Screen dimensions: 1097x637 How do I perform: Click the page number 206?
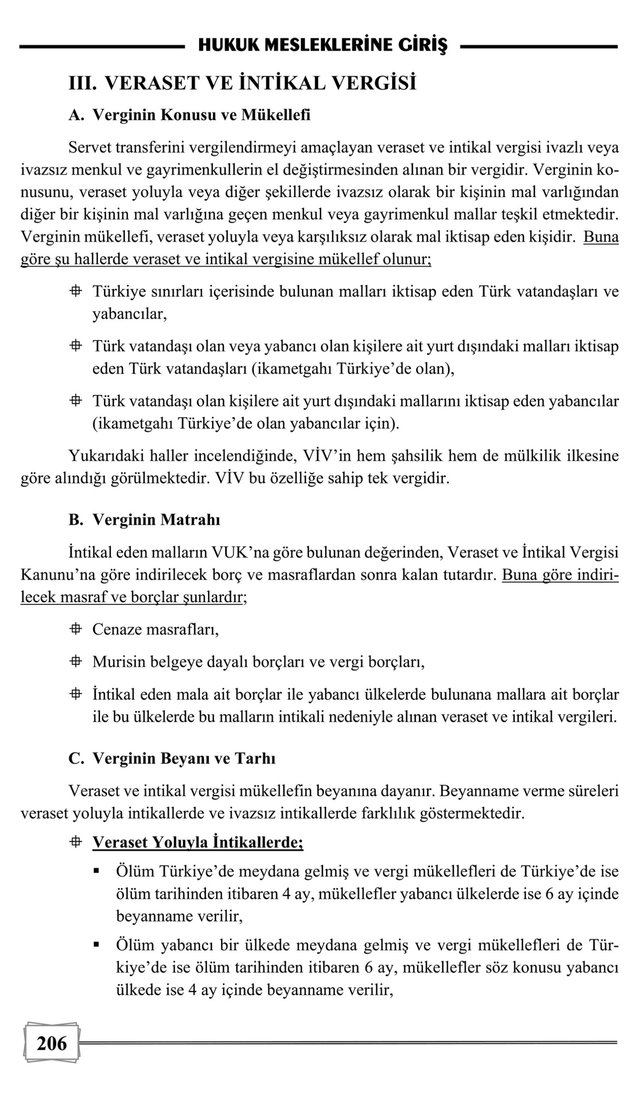click(52, 1043)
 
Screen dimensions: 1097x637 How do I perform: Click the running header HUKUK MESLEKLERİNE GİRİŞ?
click(323, 45)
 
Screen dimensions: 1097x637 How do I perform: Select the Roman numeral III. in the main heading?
click(83, 83)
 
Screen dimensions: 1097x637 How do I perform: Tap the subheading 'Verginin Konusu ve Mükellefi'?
click(201, 115)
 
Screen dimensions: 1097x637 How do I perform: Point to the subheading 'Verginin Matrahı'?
click(156, 519)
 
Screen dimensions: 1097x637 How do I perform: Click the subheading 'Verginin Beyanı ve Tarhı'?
click(184, 758)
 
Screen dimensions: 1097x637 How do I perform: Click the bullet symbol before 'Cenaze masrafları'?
click(76, 629)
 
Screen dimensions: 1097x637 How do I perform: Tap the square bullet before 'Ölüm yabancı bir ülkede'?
click(96, 945)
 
